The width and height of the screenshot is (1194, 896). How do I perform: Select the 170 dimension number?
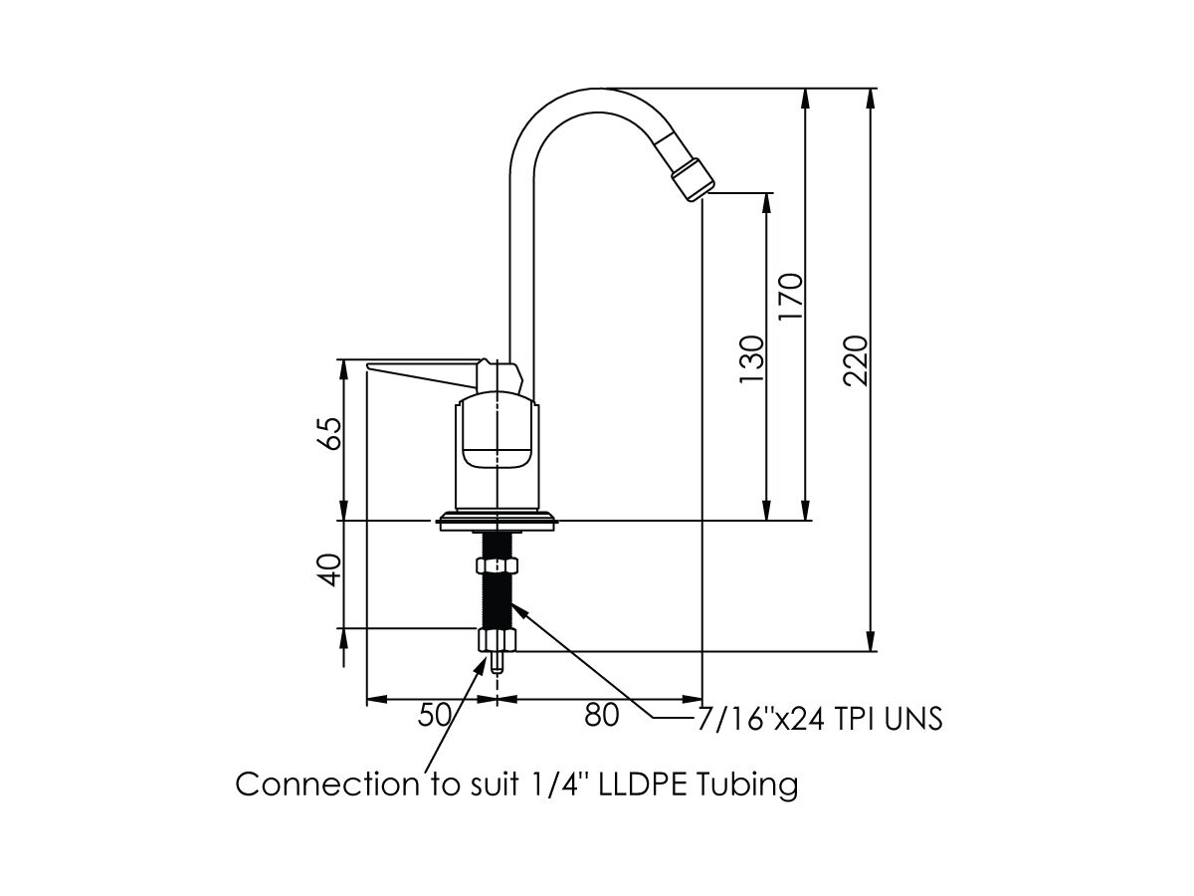tap(791, 297)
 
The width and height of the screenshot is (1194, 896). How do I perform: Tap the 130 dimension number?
tap(751, 360)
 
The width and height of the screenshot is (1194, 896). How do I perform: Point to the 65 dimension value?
tap(330, 433)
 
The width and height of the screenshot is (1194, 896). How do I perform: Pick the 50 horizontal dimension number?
tap(436, 715)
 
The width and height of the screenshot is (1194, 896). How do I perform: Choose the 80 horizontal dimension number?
tap(601, 715)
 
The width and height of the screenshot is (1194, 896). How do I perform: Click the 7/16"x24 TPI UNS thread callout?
tap(818, 719)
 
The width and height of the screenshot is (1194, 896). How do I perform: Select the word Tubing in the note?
tap(747, 784)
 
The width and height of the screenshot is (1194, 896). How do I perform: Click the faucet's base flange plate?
tap(497, 521)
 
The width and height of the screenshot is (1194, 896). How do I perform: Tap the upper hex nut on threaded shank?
tap(497, 565)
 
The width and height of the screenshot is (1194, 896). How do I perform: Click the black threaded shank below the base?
tap(497, 597)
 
